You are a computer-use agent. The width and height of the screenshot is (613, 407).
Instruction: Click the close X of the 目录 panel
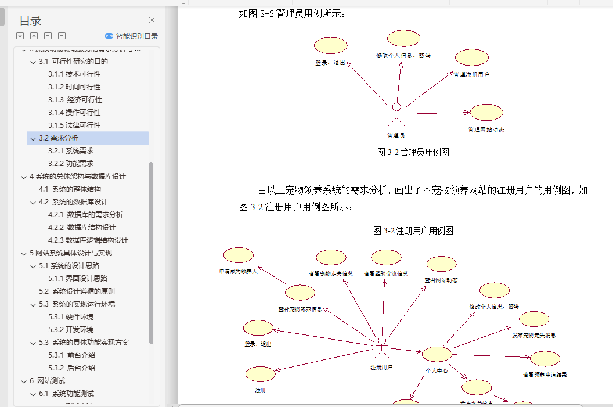(x=152, y=20)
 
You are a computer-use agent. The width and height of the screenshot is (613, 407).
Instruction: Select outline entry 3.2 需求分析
(x=64, y=138)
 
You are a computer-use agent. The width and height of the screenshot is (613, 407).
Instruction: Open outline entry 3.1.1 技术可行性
(x=74, y=74)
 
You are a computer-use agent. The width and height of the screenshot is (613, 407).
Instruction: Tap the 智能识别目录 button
(x=131, y=36)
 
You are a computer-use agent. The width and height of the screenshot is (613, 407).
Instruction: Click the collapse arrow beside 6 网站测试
(x=24, y=381)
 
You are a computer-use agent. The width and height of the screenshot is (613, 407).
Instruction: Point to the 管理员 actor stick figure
(x=396, y=115)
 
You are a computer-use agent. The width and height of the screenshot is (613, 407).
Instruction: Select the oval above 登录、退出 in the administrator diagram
(x=330, y=45)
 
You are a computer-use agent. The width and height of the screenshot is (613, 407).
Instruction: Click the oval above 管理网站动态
(x=486, y=113)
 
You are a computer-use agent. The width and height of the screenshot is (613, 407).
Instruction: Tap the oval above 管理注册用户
(x=471, y=57)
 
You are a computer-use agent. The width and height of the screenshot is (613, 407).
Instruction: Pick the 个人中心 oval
(x=437, y=354)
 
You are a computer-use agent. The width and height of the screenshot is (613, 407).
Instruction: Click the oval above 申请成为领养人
(x=239, y=255)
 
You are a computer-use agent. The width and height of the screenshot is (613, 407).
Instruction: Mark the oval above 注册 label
(x=260, y=374)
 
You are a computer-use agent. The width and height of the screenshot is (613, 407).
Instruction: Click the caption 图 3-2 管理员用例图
(x=413, y=153)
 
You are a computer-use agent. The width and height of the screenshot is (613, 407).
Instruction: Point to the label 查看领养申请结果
(x=545, y=375)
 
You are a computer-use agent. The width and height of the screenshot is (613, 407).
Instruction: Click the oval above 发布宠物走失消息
(x=533, y=319)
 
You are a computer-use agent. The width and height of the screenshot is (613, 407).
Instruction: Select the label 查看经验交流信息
(x=386, y=273)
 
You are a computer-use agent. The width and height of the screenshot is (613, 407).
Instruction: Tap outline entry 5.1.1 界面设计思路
(x=86, y=279)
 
